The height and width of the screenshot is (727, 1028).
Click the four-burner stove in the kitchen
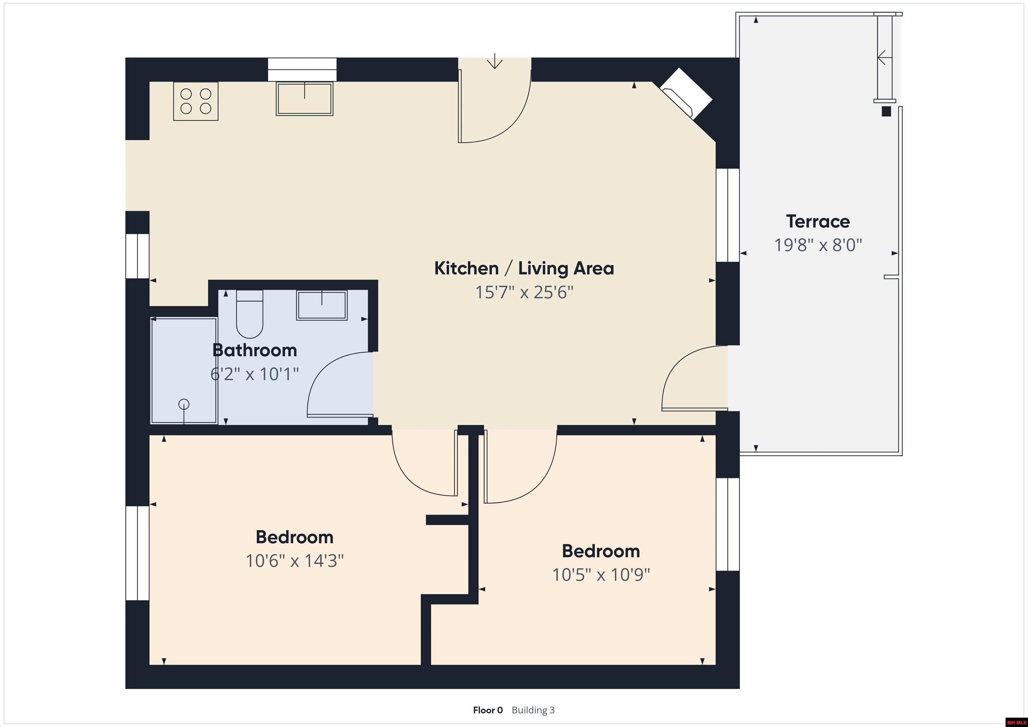coord(196,101)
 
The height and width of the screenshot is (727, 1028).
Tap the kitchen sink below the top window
coord(305,98)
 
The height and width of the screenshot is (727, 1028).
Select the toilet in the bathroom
coord(249,314)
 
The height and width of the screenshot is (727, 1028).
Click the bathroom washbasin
coord(322,305)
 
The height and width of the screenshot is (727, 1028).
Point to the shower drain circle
coord(184,404)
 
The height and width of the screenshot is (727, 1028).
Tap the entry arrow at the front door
coord(494,61)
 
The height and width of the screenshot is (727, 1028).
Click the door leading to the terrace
coord(694,378)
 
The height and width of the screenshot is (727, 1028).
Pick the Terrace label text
coord(818,221)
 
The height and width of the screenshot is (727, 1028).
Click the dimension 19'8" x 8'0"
coord(818,245)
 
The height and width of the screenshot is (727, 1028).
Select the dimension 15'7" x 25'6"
coord(524,292)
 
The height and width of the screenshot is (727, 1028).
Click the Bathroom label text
coord(255,350)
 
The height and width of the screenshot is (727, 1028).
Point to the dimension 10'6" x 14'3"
coord(294,560)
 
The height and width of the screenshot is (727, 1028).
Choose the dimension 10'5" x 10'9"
coord(601,574)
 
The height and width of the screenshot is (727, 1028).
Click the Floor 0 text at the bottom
coord(488,710)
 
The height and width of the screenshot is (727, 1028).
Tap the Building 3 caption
coord(533,710)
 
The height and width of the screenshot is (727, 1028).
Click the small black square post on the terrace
coord(886,111)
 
